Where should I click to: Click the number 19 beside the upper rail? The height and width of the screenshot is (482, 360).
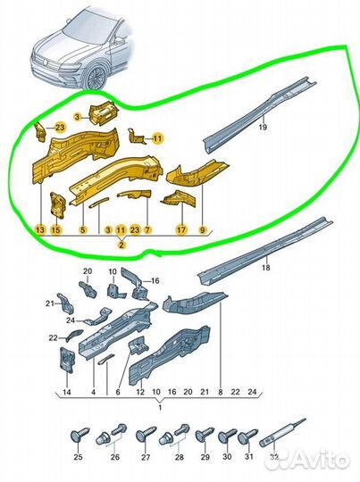[263, 127]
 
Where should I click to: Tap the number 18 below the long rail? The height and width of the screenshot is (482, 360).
[266, 268]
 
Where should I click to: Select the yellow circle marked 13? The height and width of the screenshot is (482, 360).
[40, 229]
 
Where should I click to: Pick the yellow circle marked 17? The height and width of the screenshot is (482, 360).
[182, 229]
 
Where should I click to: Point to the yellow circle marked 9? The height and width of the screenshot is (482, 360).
[203, 229]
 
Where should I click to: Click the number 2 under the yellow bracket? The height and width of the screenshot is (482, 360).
[121, 245]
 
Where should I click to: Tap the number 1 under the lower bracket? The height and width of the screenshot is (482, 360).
[160, 408]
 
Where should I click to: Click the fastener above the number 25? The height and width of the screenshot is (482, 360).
[80, 436]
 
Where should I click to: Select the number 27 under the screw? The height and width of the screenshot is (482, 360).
[146, 457]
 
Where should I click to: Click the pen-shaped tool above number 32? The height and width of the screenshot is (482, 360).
[282, 432]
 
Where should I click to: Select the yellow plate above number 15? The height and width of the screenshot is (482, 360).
[58, 205]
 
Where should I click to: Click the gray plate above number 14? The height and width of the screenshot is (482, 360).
[67, 361]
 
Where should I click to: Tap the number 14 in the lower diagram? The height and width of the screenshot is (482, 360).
[67, 392]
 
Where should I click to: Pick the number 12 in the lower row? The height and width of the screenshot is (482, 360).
[140, 392]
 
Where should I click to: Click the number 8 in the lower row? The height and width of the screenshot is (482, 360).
[221, 392]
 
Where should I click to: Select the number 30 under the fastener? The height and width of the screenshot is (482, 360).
[227, 457]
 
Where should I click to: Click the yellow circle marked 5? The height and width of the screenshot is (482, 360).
[83, 229]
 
